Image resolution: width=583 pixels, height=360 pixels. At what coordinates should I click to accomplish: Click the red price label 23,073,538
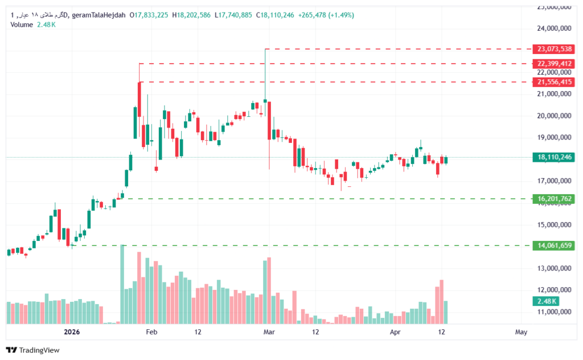pyautogui.click(x=552, y=49)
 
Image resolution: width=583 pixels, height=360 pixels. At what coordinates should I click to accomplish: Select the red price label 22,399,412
pyautogui.click(x=552, y=63)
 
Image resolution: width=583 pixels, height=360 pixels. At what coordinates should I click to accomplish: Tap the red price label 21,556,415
pyautogui.click(x=552, y=82)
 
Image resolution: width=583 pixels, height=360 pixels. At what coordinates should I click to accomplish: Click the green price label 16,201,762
pyautogui.click(x=552, y=199)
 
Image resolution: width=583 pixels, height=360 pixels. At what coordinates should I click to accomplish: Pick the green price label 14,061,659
pyautogui.click(x=552, y=246)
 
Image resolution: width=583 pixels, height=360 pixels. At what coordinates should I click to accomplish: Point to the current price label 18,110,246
pyautogui.click(x=552, y=157)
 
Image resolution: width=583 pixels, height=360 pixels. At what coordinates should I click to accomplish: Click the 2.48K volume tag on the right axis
pyautogui.click(x=546, y=301)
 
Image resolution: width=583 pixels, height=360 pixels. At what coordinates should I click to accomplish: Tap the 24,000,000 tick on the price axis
pyautogui.click(x=554, y=28)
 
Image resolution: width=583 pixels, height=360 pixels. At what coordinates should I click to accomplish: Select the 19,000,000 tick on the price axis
pyautogui.click(x=554, y=137)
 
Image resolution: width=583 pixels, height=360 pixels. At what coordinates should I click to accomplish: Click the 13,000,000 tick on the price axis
pyautogui.click(x=554, y=268)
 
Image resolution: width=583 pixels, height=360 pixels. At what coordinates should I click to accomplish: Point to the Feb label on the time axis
pyautogui.click(x=151, y=332)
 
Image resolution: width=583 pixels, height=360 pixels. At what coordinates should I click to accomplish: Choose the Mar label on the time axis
pyautogui.click(x=268, y=332)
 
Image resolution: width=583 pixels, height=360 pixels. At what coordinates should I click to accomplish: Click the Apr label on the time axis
pyautogui.click(x=395, y=332)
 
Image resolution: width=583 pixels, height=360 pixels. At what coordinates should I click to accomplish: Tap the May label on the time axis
pyautogui.click(x=521, y=332)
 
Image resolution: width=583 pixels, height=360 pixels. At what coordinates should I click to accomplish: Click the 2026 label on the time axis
pyautogui.click(x=72, y=332)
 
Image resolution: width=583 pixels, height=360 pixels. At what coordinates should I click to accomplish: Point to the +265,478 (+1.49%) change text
pyautogui.click(x=326, y=15)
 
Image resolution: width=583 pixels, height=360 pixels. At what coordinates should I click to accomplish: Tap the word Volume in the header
pyautogui.click(x=22, y=24)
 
